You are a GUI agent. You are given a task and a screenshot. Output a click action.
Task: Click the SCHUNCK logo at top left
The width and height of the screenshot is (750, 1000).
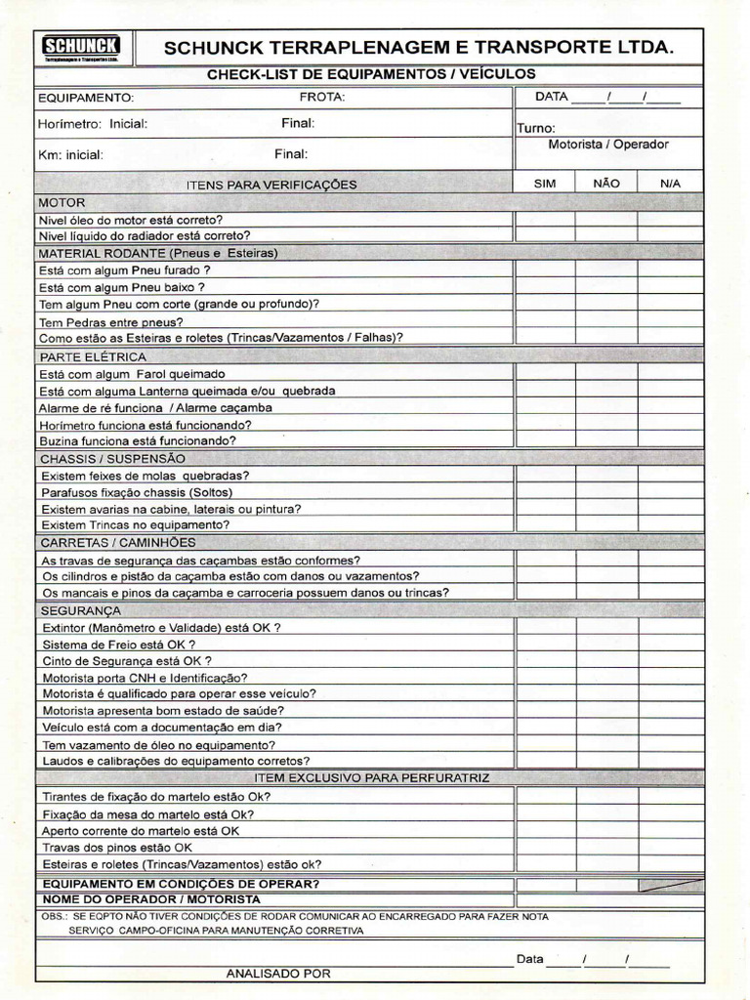pyautogui.click(x=80, y=47)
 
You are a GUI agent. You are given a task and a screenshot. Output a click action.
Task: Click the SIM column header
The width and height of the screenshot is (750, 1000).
pyautogui.click(x=545, y=183)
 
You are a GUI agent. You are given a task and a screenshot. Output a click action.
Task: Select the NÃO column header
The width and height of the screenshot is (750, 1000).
pyautogui.click(x=605, y=183)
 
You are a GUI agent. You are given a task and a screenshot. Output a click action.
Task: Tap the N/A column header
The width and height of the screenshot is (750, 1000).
pyautogui.click(x=670, y=183)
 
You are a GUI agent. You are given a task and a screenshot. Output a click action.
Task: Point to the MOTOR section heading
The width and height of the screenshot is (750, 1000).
pyautogui.click(x=62, y=202)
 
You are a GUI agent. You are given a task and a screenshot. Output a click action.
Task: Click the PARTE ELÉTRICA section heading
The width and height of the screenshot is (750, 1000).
pyautogui.click(x=93, y=356)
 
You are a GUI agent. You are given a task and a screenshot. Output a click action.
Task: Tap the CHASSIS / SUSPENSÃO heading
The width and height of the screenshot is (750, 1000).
pyautogui.click(x=112, y=458)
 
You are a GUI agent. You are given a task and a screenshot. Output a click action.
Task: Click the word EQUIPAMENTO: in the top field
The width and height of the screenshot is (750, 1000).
pyautogui.click(x=86, y=98)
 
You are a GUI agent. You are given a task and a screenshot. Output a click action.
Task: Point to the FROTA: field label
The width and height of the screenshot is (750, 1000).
pyautogui.click(x=322, y=97)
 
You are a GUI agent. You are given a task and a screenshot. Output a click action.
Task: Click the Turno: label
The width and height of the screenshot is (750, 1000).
pyautogui.click(x=536, y=128)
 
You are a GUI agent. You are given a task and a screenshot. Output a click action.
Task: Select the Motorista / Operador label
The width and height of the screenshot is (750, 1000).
pyautogui.click(x=608, y=145)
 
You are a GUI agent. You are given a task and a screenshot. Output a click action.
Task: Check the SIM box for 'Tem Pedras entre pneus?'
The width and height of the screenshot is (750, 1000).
pyautogui.click(x=545, y=320)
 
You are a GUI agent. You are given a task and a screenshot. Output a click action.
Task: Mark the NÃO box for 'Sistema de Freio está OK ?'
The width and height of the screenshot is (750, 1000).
pyautogui.click(x=605, y=645)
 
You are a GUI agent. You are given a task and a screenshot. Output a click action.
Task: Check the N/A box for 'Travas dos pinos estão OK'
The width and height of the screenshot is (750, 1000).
pyautogui.click(x=670, y=847)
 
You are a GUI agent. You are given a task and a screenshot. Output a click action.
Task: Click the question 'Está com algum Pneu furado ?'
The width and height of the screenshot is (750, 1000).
pyautogui.click(x=125, y=271)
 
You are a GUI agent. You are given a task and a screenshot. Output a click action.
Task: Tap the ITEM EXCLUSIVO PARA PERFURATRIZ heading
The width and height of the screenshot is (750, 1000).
pyautogui.click(x=371, y=778)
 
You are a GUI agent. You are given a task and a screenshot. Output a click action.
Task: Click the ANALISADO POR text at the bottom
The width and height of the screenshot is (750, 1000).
pyautogui.click(x=278, y=973)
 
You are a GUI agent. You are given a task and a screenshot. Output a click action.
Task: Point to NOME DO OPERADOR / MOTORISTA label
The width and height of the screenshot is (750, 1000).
pyautogui.click(x=151, y=898)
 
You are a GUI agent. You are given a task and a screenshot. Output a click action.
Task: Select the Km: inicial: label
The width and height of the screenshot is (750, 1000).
pyautogui.click(x=70, y=154)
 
